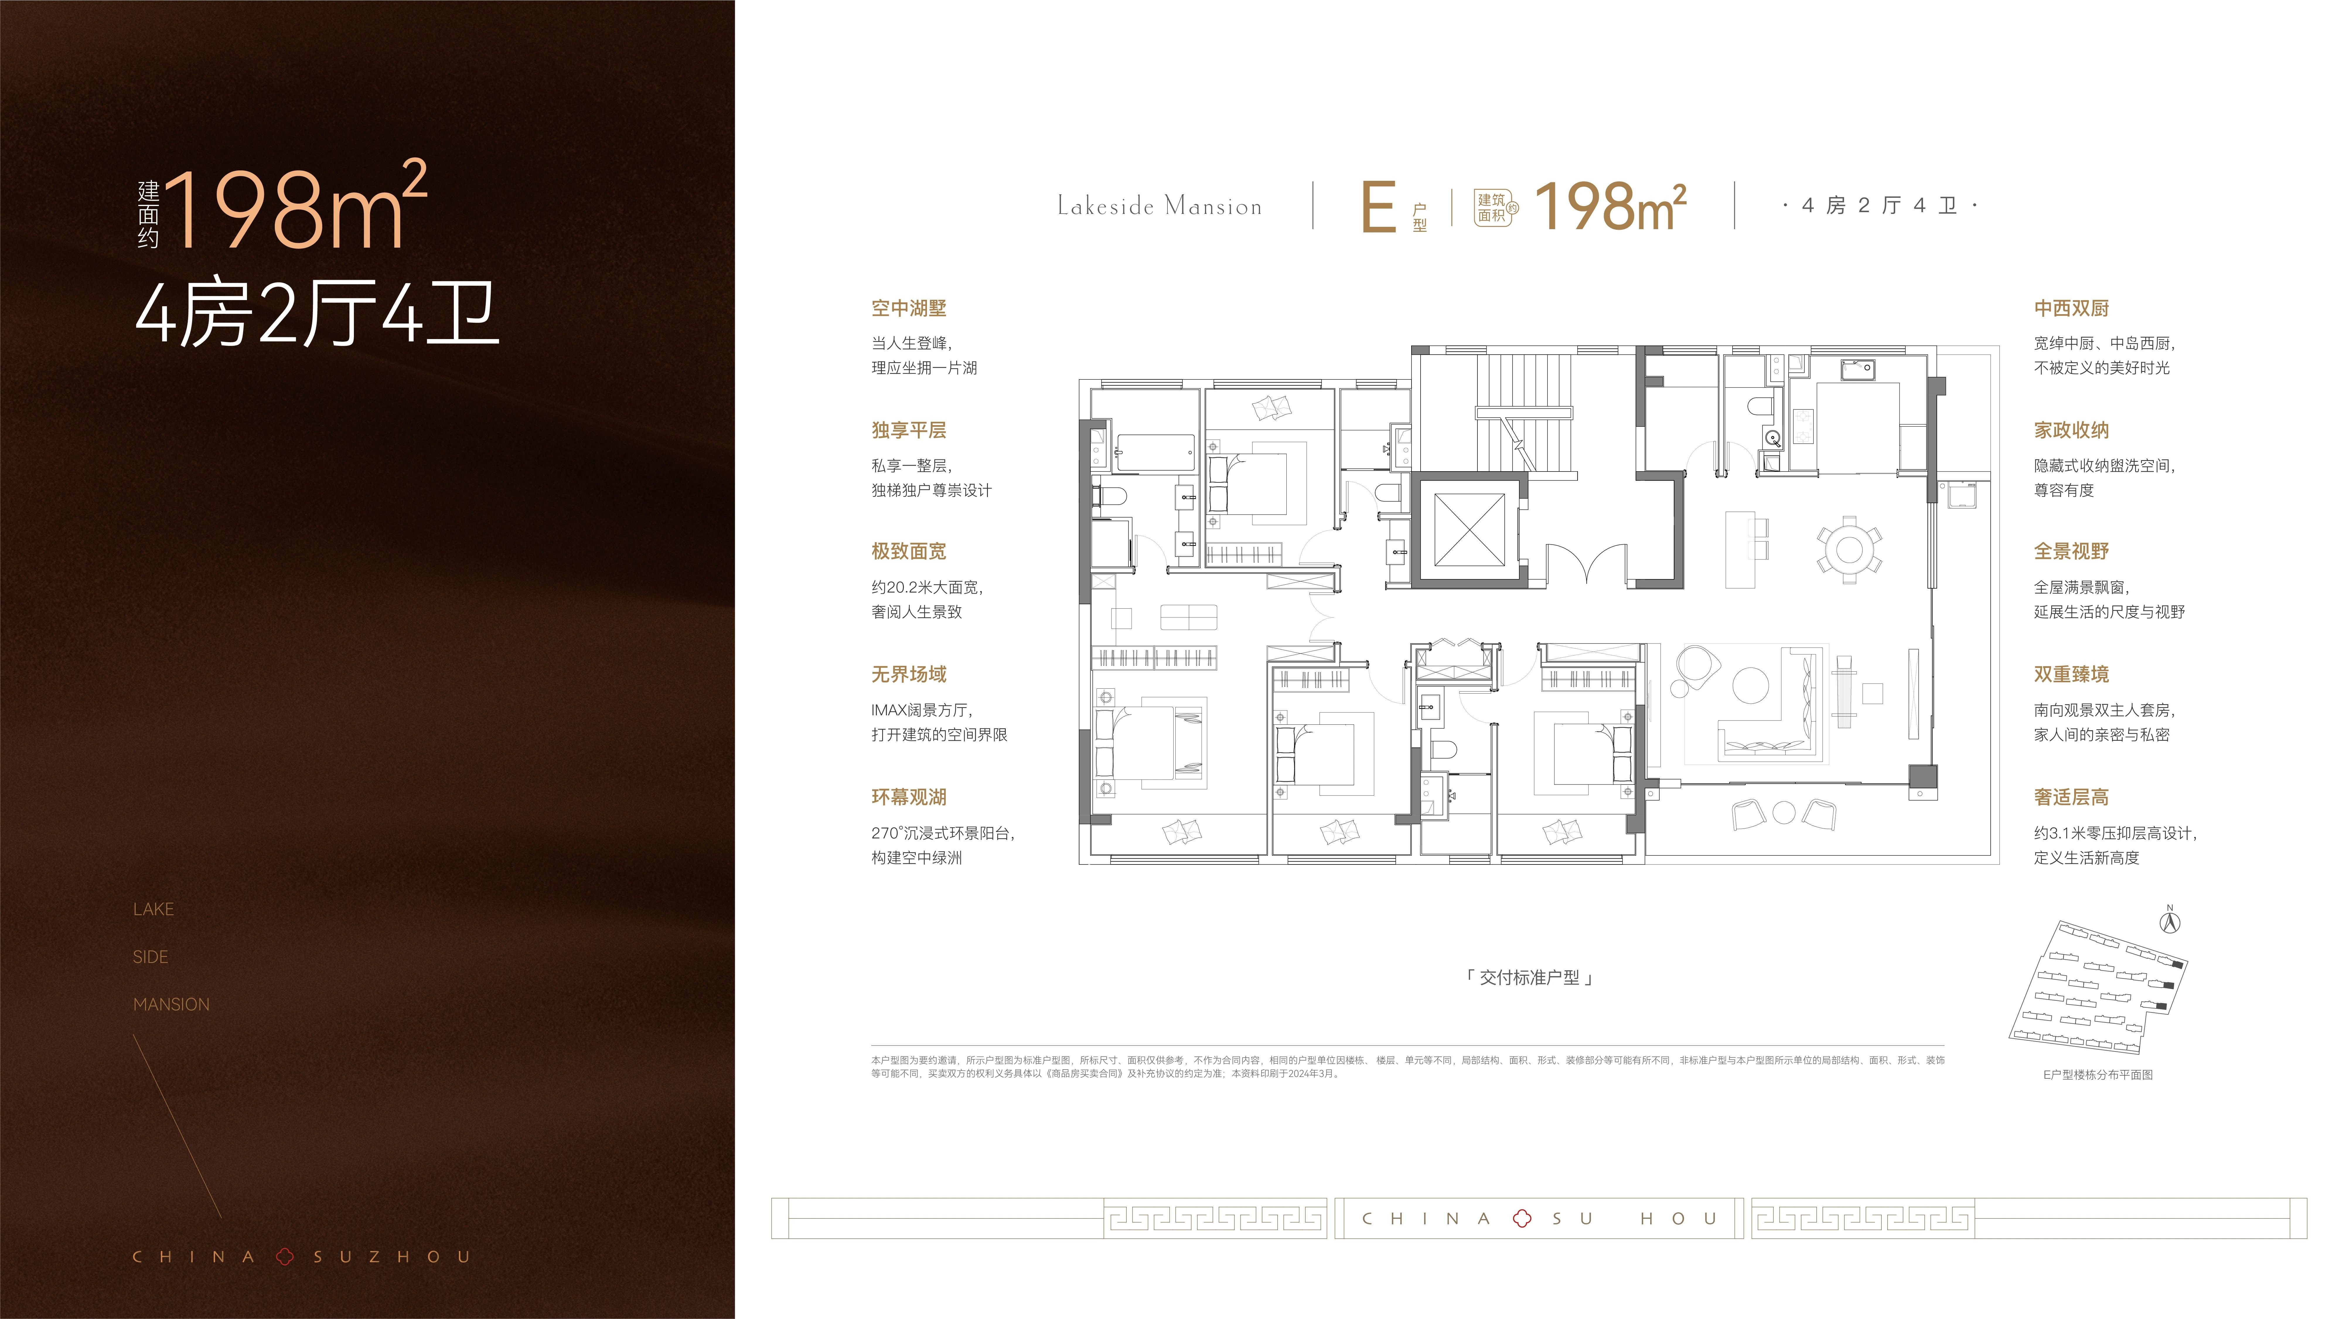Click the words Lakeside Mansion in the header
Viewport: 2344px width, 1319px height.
[x=1159, y=207]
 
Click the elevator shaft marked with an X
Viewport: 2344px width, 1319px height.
[x=1469, y=530]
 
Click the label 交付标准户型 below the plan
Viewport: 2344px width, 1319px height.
[x=1529, y=978]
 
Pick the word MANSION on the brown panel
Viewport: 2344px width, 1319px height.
[x=171, y=1004]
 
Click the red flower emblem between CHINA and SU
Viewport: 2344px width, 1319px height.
[x=1521, y=1219]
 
